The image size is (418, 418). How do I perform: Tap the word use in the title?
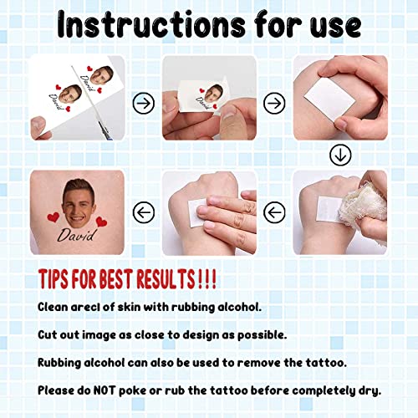[330, 25]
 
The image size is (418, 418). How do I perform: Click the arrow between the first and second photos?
[145, 103]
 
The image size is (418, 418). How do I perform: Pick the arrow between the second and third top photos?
[272, 103]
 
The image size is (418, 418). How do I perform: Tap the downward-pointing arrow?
[339, 155]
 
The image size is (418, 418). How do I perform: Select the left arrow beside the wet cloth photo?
[272, 212]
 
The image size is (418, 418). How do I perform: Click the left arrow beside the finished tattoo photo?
[145, 212]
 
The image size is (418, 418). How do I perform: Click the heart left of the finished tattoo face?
[54, 217]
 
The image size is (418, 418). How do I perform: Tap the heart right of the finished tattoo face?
[101, 222]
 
